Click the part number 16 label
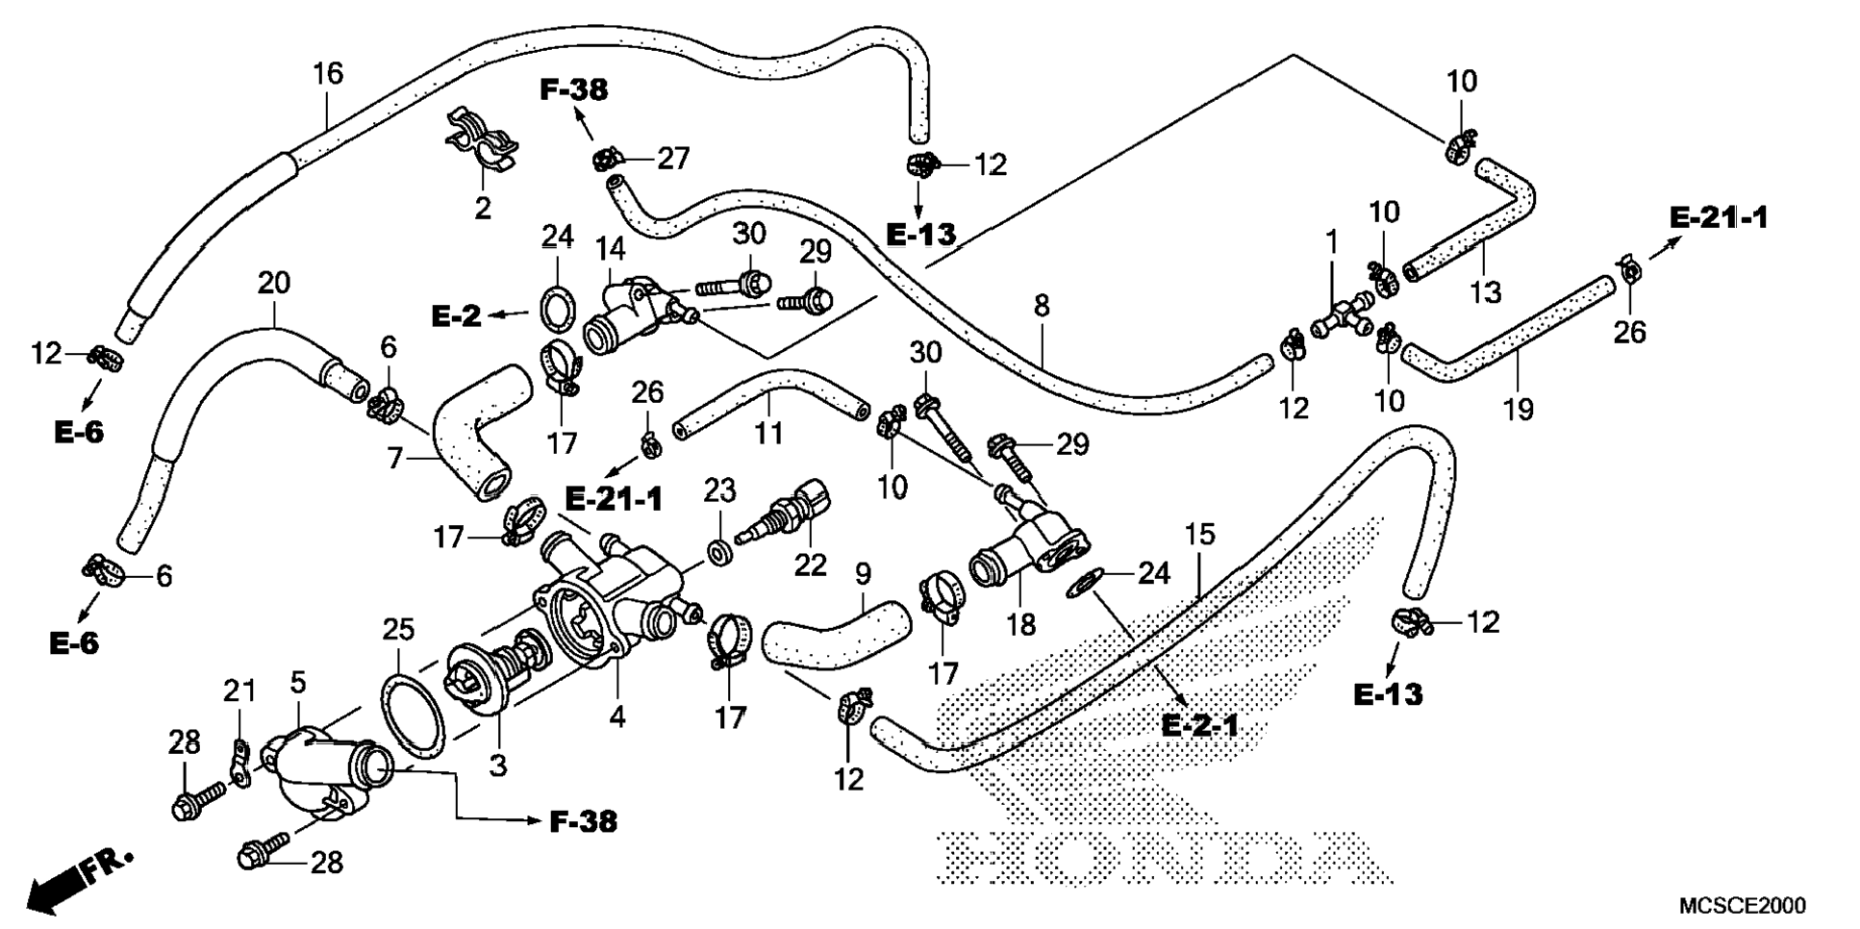(x=328, y=73)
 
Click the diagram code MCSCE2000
(x=1742, y=906)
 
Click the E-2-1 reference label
(x=1199, y=724)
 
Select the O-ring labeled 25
(x=415, y=716)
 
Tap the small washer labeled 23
(x=718, y=553)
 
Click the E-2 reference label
(x=456, y=315)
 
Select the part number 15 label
(x=1199, y=535)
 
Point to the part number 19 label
(x=1518, y=410)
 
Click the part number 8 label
(x=1041, y=306)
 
